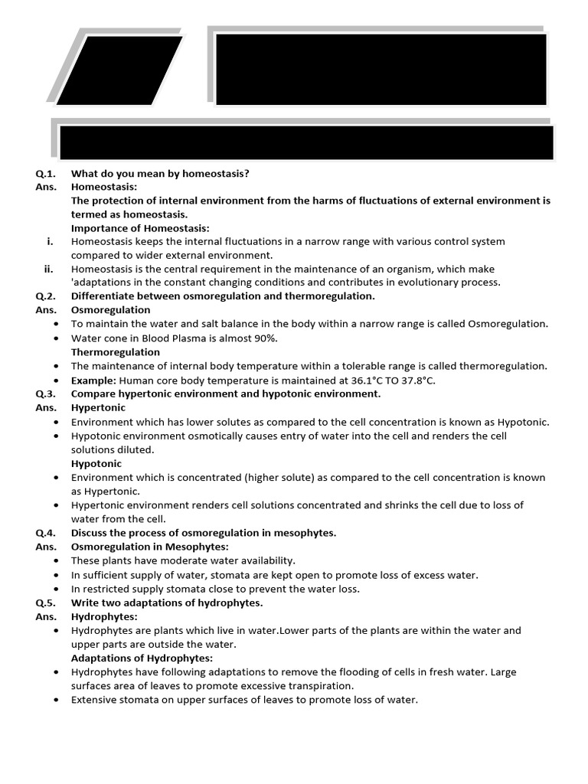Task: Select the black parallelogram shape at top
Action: pos(119,70)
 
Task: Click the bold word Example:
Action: pos(94,380)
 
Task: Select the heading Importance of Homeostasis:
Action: pos(140,228)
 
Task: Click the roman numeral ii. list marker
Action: pos(49,269)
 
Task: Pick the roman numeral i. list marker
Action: pos(51,242)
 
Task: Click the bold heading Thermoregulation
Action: pos(116,352)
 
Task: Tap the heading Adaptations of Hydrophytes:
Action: pos(142,658)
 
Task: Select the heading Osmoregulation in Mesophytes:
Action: pos(150,547)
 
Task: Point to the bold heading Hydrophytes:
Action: pos(104,616)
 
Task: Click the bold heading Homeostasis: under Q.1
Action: pos(104,187)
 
